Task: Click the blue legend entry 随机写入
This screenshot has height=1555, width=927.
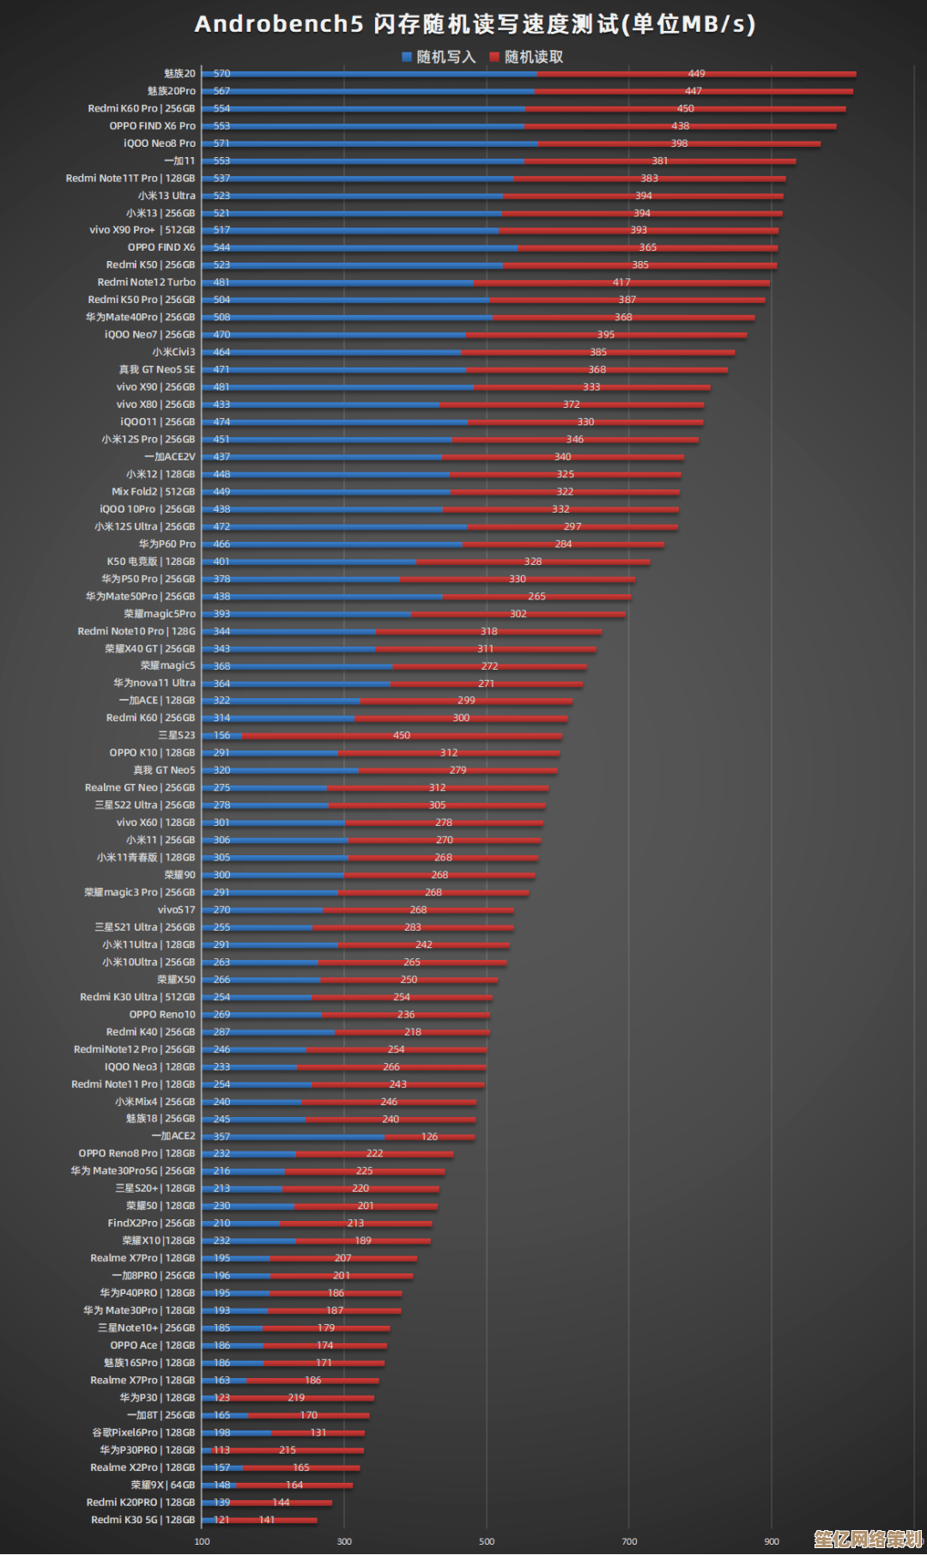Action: (x=439, y=57)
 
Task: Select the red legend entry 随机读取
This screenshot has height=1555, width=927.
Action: (x=526, y=57)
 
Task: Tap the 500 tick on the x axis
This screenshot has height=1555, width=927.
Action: (x=487, y=1541)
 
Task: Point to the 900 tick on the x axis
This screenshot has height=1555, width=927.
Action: (x=772, y=1541)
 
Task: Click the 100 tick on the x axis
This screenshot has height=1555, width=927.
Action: (x=202, y=1541)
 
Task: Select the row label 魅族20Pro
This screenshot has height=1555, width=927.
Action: (x=171, y=91)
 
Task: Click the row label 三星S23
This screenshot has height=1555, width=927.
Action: (x=177, y=735)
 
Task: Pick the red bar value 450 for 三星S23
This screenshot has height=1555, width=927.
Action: (x=402, y=735)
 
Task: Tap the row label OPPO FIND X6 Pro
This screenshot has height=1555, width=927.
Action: (x=152, y=126)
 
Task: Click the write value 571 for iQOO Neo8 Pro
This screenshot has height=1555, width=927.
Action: (x=221, y=143)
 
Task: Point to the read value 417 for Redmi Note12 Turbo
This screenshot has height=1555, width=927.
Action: (x=621, y=282)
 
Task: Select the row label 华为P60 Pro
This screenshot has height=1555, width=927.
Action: (x=167, y=544)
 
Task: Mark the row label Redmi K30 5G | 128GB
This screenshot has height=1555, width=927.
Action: (x=143, y=1520)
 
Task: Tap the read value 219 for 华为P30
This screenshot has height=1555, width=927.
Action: (x=296, y=1398)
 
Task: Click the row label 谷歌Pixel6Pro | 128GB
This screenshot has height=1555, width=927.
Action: (x=143, y=1433)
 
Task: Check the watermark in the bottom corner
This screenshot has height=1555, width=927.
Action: (x=867, y=1538)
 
